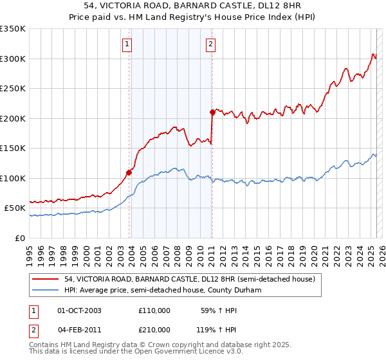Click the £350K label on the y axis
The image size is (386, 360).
tap(13, 29)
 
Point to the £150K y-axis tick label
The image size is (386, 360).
tap(13, 148)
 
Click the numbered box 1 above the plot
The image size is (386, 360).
tap(127, 44)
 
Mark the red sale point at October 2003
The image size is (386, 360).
tap(129, 172)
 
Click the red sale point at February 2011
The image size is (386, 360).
tap(212, 113)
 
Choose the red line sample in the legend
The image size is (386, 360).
tap(46, 279)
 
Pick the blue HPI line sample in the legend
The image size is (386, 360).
tap(46, 291)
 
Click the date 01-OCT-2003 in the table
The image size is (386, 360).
tap(79, 310)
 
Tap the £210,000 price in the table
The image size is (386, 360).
tap(154, 330)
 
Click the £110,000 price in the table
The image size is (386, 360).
tap(154, 310)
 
